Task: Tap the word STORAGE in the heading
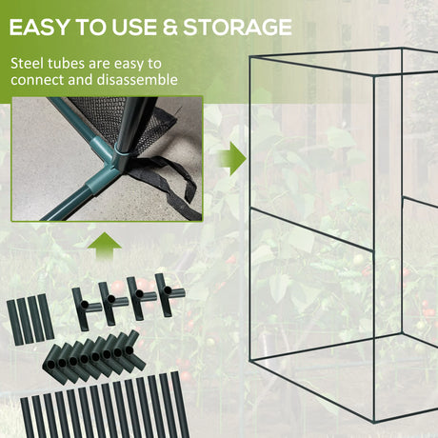(x=232, y=27)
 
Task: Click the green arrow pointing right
(x=229, y=158)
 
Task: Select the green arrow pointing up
(x=108, y=246)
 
